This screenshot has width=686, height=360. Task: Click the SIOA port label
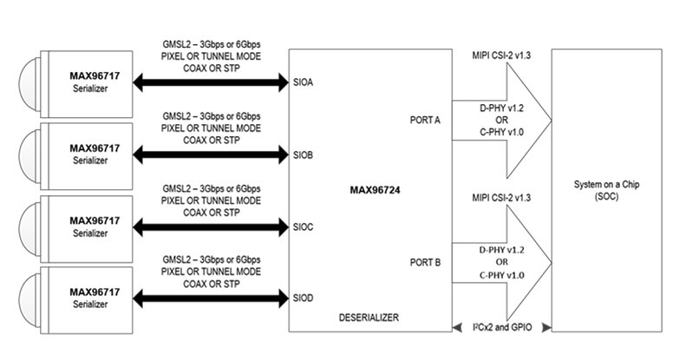coord(303,82)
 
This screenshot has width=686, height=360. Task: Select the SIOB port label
coord(303,155)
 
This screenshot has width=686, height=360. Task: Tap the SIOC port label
coord(303,227)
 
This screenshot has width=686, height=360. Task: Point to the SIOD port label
coord(303,299)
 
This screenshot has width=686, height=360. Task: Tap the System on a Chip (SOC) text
coord(613,190)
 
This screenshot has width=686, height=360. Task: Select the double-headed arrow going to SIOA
coord(210,82)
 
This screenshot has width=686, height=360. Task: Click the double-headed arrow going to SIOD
coord(210,299)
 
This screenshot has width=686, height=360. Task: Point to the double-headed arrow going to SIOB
coord(210,155)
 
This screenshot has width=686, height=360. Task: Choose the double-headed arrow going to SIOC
coord(210,227)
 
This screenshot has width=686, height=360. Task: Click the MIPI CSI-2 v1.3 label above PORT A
coord(500,56)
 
